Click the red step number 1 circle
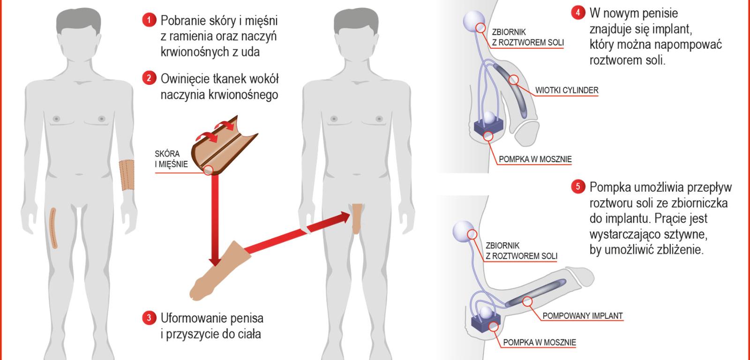pyautogui.click(x=149, y=20)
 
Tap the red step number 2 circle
pyautogui.click(x=149, y=78)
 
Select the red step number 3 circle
pyautogui.click(x=149, y=318)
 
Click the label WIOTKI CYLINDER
pyautogui.click(x=567, y=90)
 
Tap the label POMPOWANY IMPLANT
pyautogui.click(x=582, y=315)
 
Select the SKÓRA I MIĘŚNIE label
pyautogui.click(x=171, y=159)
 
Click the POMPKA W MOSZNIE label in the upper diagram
pyautogui.click(x=535, y=159)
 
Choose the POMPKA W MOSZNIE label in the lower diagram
pyautogui.click(x=539, y=342)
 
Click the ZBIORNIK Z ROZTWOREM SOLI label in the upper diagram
pyautogui.click(x=527, y=37)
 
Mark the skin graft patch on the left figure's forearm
pyautogui.click(x=127, y=175)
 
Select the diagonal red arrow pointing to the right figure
pyautogui.click(x=295, y=232)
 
